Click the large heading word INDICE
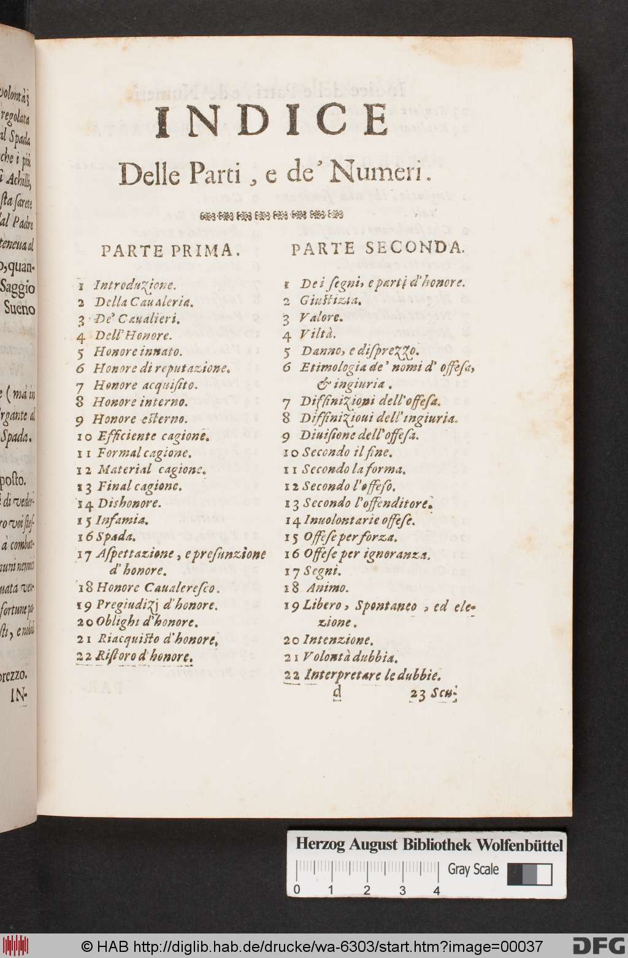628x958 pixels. [x=272, y=123]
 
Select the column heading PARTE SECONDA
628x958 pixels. [x=378, y=248]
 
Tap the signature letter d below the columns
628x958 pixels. [x=335, y=694]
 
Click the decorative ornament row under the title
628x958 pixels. [x=272, y=215]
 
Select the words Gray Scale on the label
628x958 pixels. [x=473, y=869]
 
